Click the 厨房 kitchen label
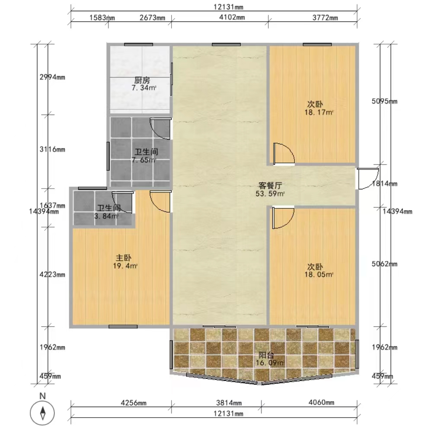(142, 80)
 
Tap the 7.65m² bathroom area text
(144, 160)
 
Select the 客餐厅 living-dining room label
(270, 185)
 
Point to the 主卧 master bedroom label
(124, 258)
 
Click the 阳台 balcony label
(266, 355)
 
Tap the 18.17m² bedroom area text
(319, 112)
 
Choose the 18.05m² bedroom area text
(319, 275)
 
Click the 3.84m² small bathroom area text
(106, 216)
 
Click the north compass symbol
(42, 413)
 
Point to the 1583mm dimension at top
(102, 18)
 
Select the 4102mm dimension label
(232, 17)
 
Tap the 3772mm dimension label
(325, 18)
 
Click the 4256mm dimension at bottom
(134, 402)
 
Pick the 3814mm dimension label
(229, 402)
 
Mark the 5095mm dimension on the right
(384, 101)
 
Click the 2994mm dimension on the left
(52, 77)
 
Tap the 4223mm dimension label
(52, 275)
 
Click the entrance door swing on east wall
(367, 179)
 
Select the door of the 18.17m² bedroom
(284, 154)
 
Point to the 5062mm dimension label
(384, 264)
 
